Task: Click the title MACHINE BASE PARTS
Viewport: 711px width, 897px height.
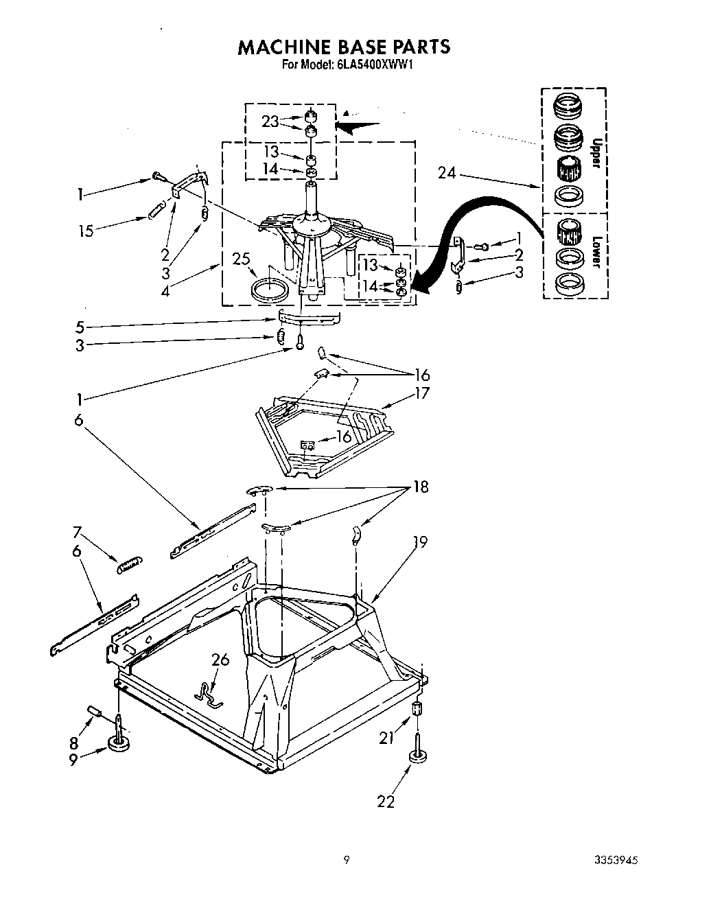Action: click(344, 47)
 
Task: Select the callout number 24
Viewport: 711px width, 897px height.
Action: click(447, 174)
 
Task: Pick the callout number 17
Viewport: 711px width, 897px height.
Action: click(421, 393)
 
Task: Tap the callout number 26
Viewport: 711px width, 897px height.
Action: click(220, 660)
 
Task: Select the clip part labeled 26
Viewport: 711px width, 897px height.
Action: click(207, 692)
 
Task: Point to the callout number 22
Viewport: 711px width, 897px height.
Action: click(386, 802)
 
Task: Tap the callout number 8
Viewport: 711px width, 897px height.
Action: click(74, 742)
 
